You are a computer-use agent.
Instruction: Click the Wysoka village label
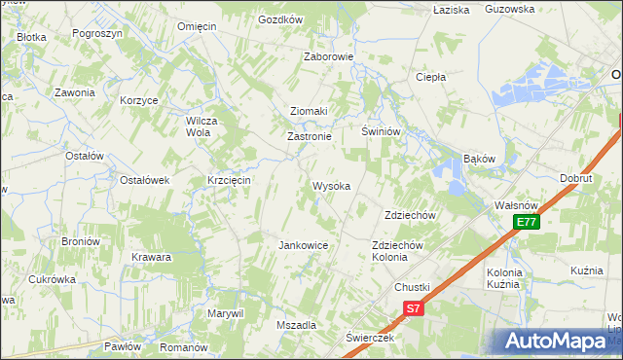[331, 186]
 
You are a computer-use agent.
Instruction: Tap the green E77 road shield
[527, 223]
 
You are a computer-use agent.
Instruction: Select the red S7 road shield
[413, 308]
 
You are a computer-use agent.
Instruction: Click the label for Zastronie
[310, 137]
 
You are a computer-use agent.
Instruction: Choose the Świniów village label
[382, 131]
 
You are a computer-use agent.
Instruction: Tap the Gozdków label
[280, 19]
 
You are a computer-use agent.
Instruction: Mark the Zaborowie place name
[328, 56]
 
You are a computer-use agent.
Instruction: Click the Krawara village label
[152, 258]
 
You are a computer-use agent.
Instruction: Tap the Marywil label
[224, 313]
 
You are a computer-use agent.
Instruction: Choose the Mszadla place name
[297, 325]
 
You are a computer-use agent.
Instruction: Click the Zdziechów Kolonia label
[397, 251]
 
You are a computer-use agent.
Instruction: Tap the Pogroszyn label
[96, 32]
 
